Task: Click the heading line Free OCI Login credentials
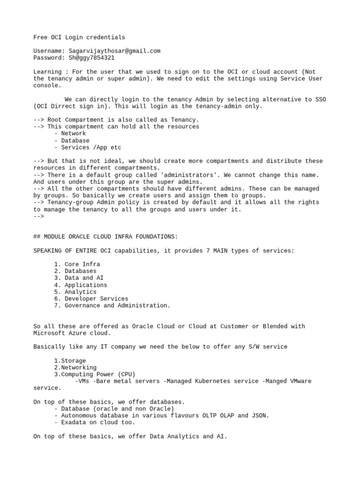pyautogui.click(x=79, y=37)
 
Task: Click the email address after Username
pyautogui.click(x=114, y=51)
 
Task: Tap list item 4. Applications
pyautogui.click(x=80, y=285)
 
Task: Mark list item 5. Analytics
pyautogui.click(x=75, y=292)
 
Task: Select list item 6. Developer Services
pyautogui.click(x=90, y=299)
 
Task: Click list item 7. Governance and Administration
pyautogui.click(x=112, y=306)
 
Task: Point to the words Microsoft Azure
pyautogui.click(x=58, y=333)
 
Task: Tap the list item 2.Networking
pyautogui.click(x=75, y=368)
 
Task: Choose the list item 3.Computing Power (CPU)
pyautogui.click(x=94, y=375)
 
